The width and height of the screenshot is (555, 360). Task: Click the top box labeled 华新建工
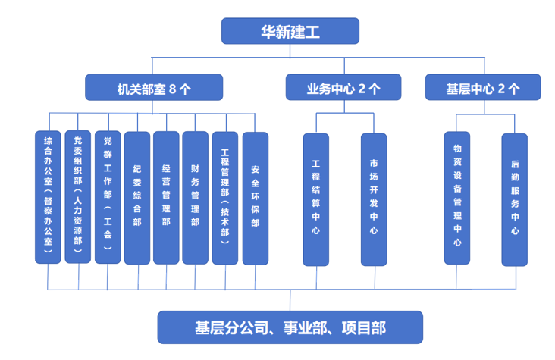(x=290, y=31)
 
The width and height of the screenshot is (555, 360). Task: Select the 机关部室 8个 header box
(x=154, y=87)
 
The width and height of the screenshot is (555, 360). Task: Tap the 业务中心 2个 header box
(x=343, y=87)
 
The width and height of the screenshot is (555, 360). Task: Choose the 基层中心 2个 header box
(x=482, y=87)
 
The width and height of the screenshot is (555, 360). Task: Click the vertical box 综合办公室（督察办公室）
(x=49, y=197)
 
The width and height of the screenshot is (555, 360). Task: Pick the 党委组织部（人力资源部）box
(x=78, y=197)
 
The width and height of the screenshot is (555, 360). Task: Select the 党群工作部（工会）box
(x=108, y=197)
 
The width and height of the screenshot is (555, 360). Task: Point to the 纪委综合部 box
(x=137, y=198)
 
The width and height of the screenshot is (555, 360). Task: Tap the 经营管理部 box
(x=166, y=198)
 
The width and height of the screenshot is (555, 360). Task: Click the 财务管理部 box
(x=195, y=198)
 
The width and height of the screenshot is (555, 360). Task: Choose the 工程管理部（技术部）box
(x=225, y=198)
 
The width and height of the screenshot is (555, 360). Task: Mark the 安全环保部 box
(x=255, y=198)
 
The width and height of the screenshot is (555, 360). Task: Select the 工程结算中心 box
(x=315, y=199)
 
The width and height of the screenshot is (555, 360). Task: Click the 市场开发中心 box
(x=374, y=199)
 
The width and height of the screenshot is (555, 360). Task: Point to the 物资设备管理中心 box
(x=457, y=199)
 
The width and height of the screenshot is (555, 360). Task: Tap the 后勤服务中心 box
(x=515, y=199)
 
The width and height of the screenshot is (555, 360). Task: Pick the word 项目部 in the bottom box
(x=361, y=327)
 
